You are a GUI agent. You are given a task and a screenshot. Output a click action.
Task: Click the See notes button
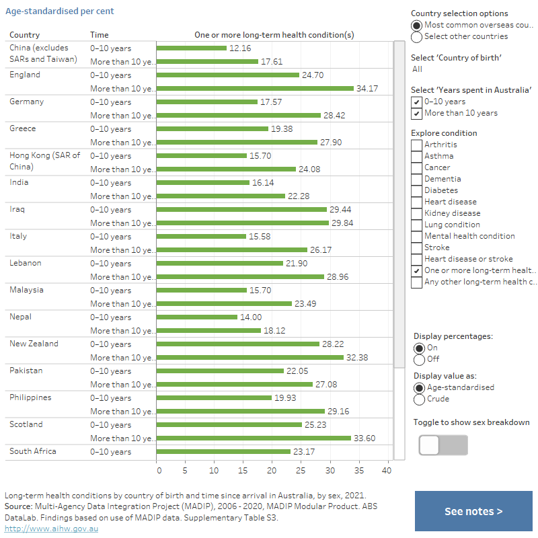[x=473, y=511]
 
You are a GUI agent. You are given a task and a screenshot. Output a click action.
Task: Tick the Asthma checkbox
[x=417, y=156]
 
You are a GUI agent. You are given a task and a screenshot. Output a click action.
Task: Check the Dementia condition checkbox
[x=417, y=179]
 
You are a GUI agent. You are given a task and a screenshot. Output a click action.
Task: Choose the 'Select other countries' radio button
[x=417, y=36]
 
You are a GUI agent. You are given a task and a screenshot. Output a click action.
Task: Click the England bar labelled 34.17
[x=255, y=88]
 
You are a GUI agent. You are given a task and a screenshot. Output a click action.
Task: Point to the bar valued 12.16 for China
[x=192, y=48]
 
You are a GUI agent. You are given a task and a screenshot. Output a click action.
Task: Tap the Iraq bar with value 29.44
[x=241, y=209]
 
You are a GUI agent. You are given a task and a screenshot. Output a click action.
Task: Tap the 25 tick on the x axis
[x=301, y=470]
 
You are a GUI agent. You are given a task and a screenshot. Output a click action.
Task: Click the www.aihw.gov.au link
[x=52, y=529]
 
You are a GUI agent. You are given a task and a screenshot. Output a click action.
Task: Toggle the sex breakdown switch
[x=443, y=445]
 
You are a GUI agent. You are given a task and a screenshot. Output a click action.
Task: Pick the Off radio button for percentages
[x=420, y=359]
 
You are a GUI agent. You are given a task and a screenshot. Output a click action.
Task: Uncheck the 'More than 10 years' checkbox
[x=417, y=113]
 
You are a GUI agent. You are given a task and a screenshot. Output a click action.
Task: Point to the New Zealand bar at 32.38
[x=250, y=357]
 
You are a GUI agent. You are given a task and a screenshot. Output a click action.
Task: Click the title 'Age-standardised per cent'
[x=60, y=11]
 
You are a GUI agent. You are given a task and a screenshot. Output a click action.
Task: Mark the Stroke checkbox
[x=417, y=247]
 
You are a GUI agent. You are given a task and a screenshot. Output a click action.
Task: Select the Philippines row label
[x=30, y=397]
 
